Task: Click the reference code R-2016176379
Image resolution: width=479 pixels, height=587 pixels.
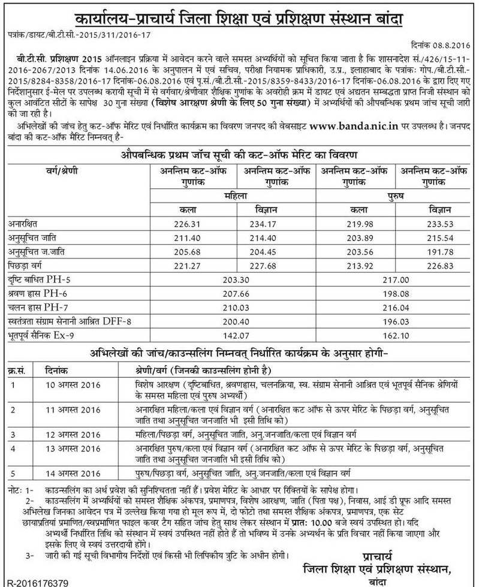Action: click(36, 581)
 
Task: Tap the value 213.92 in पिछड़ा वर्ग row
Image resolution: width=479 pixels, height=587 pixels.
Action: click(356, 265)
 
